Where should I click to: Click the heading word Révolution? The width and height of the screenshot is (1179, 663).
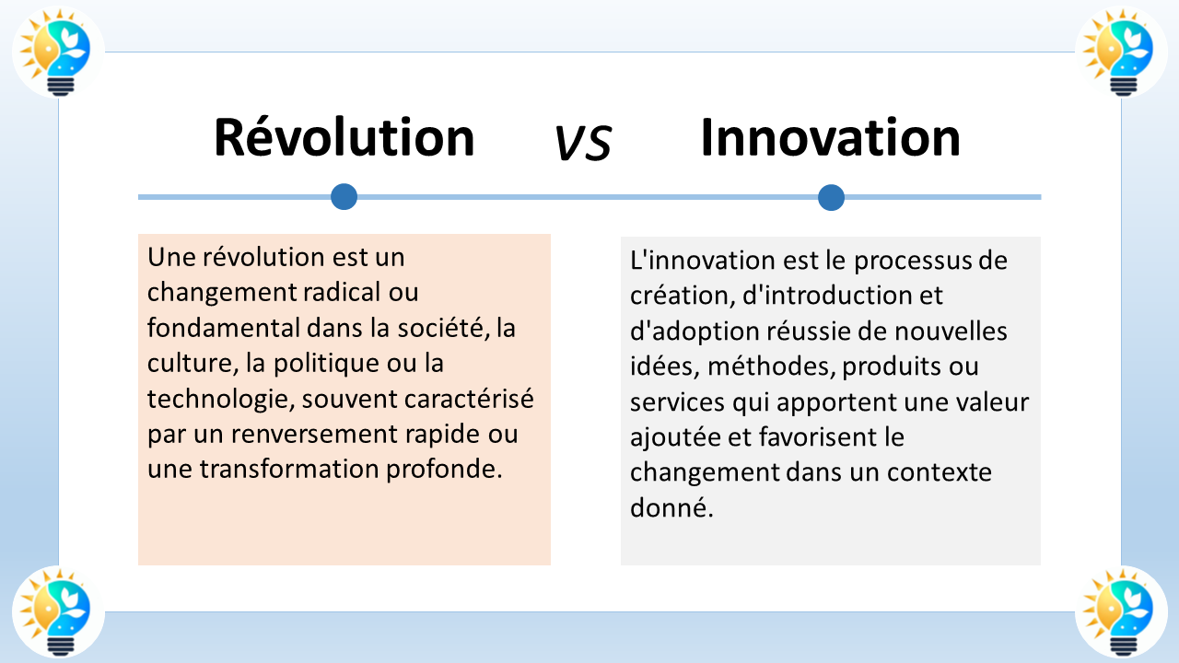pyautogui.click(x=344, y=138)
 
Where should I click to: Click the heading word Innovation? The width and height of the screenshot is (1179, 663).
pyautogui.click(x=830, y=138)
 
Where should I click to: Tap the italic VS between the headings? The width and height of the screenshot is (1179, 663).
pyautogui.click(x=583, y=143)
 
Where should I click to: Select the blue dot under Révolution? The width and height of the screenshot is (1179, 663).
pyautogui.click(x=344, y=196)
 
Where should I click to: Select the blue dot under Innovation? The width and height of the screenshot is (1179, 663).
pyautogui.click(x=831, y=197)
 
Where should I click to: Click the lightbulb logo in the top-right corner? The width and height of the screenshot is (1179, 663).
pyautogui.click(x=1120, y=52)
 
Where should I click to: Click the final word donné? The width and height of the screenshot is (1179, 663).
pyautogui.click(x=671, y=507)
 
